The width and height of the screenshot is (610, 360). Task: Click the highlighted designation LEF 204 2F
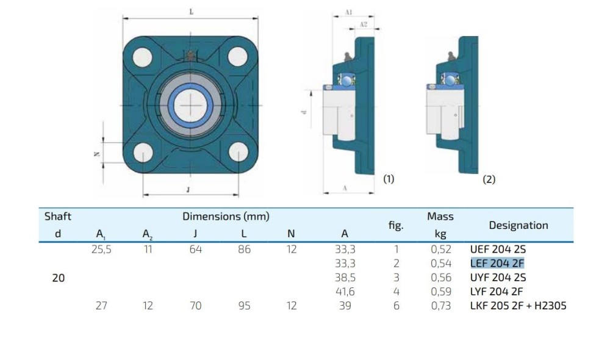point(497,264)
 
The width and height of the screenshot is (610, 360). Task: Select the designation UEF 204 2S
point(498,250)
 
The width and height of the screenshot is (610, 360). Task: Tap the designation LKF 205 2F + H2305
point(518,306)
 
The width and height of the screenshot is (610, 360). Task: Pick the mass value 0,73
point(441,306)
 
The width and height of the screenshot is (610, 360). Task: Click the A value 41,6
point(345,292)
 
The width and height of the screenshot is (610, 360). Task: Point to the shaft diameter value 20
point(59,278)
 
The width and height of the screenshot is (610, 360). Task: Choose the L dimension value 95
point(245,306)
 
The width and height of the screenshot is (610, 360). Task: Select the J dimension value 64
point(196,250)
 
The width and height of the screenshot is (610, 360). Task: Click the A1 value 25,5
point(101,250)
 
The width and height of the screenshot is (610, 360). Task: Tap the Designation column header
point(518,225)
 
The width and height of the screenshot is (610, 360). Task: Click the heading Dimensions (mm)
point(226,217)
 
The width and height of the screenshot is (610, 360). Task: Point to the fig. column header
point(396,225)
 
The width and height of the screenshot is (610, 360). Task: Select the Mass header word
point(440,217)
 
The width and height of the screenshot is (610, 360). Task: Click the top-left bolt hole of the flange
point(142,57)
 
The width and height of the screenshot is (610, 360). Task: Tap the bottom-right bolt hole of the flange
point(239,152)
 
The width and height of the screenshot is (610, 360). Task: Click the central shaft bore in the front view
point(190,105)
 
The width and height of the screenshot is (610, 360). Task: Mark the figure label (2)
point(489,179)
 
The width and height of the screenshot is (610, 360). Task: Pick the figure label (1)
point(389,179)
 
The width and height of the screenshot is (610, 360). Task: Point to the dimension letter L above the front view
point(191,12)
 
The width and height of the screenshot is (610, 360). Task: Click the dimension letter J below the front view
point(188,190)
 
